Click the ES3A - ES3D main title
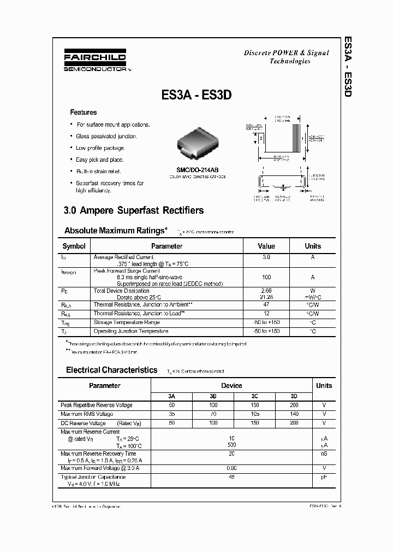click(x=197, y=95)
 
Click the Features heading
click(x=83, y=112)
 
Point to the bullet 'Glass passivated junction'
click(x=106, y=136)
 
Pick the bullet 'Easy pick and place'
click(x=100, y=160)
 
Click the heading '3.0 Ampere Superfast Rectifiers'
click(x=134, y=210)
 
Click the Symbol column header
click(x=74, y=246)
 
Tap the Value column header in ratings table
click(x=266, y=246)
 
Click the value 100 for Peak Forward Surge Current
click(x=266, y=278)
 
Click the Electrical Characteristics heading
click(x=112, y=370)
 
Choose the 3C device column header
click(x=254, y=396)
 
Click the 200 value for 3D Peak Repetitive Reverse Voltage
click(x=294, y=405)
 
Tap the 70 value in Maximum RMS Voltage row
click(x=213, y=414)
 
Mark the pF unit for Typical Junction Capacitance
click(x=324, y=477)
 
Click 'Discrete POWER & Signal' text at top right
click(x=286, y=53)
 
